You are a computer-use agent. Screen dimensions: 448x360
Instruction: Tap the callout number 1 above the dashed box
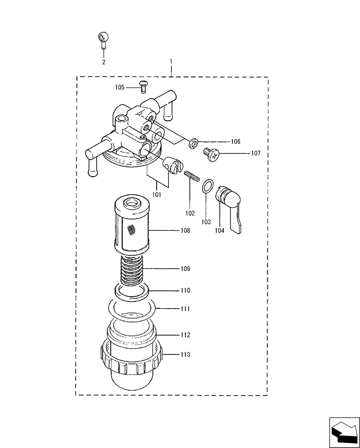point(171,60)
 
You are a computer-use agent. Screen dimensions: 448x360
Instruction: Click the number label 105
point(120,87)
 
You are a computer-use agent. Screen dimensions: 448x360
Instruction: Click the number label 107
point(255,153)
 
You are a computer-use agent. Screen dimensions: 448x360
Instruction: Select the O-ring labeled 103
point(207,186)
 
